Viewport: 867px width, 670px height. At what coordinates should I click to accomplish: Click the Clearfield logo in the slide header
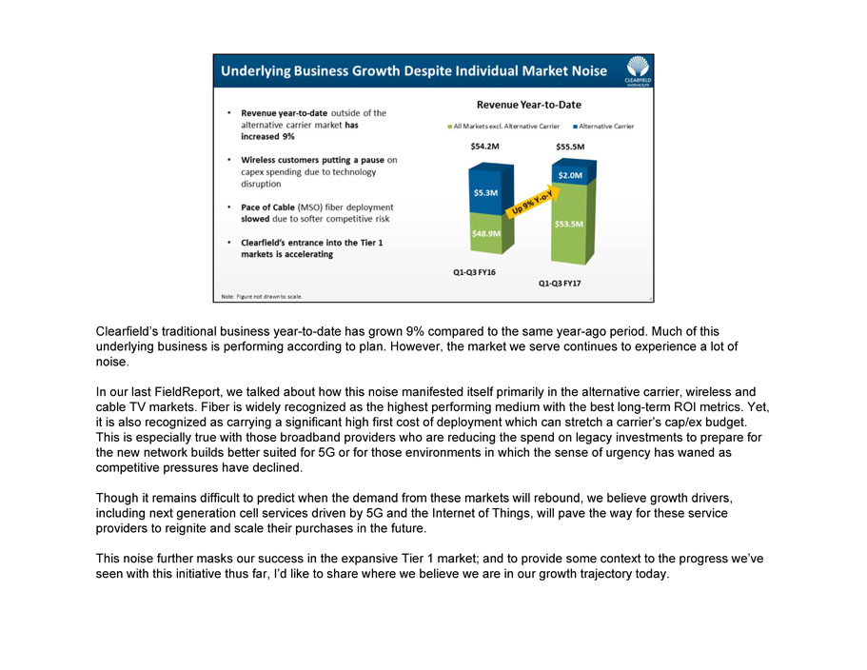(x=637, y=69)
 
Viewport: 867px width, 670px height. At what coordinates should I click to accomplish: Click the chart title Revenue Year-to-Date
(x=528, y=105)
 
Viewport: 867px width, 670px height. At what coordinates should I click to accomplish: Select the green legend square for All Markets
(x=449, y=127)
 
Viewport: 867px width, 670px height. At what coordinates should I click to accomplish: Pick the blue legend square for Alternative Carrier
(x=576, y=127)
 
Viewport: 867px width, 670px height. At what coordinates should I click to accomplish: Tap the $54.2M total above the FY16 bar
(x=485, y=147)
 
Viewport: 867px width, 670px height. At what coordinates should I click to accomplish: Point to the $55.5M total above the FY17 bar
(x=570, y=147)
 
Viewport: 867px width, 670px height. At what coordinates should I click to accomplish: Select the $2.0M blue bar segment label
(x=570, y=175)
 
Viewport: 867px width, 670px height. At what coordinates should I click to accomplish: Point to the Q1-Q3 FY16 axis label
(x=474, y=272)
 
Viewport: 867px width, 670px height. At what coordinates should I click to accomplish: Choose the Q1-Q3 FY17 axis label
(x=561, y=283)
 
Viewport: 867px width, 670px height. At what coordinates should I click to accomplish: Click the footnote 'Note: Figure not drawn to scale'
(x=262, y=296)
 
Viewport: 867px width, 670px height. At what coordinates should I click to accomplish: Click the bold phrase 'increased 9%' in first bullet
(x=267, y=136)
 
